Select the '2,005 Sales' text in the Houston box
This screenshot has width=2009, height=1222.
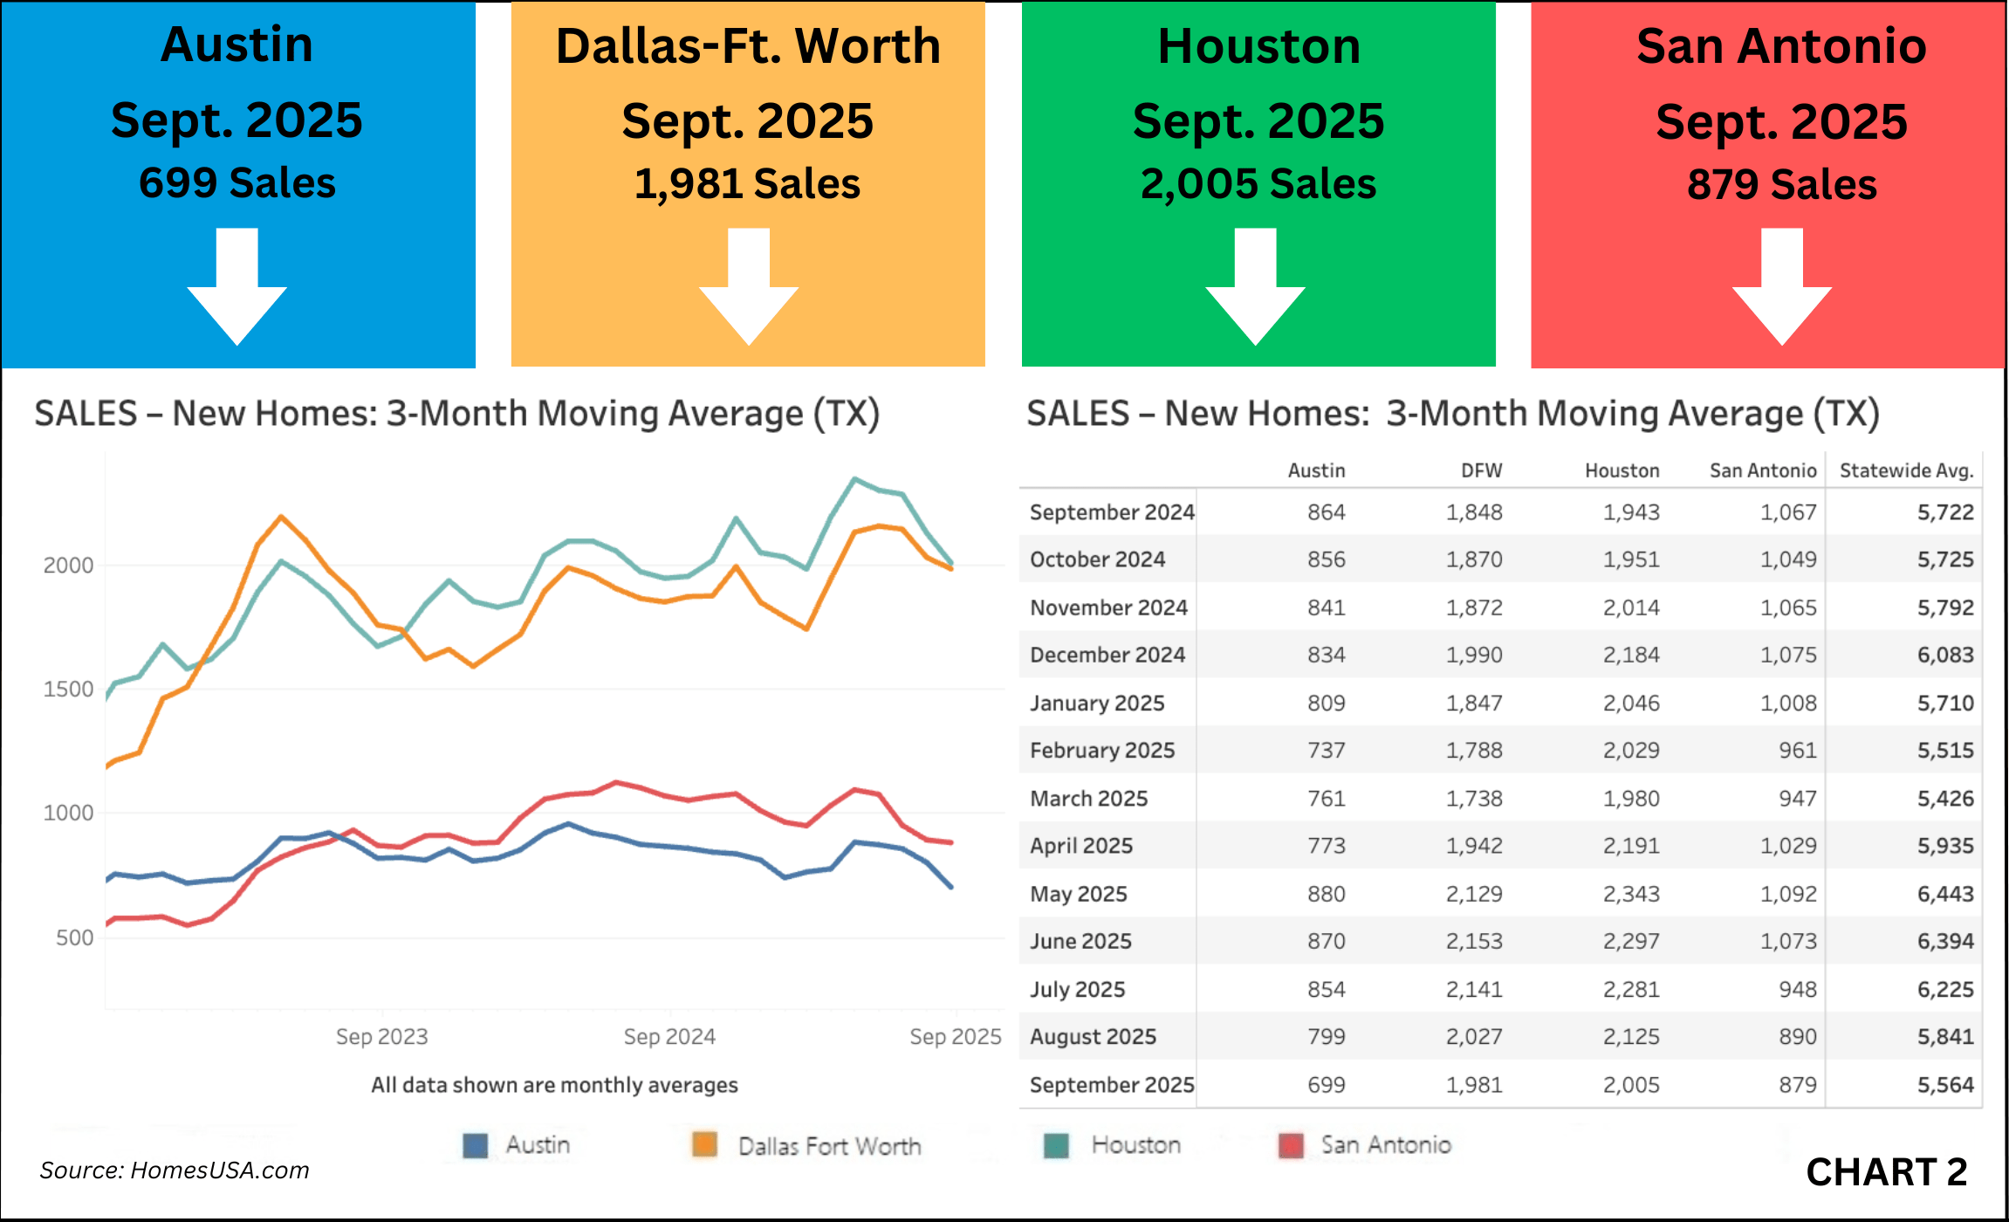click(x=1258, y=184)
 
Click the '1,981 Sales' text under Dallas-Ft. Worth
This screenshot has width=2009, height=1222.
click(x=748, y=184)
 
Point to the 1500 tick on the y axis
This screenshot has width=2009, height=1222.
click(x=68, y=690)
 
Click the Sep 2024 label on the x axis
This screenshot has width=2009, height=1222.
click(x=669, y=1037)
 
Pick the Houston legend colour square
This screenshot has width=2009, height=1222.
click(x=1056, y=1145)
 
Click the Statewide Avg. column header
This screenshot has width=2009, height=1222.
click(x=1906, y=471)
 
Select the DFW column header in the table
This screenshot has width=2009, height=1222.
click(x=1482, y=471)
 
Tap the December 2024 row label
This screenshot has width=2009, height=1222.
click(x=1107, y=655)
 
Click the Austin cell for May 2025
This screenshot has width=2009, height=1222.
click(x=1326, y=894)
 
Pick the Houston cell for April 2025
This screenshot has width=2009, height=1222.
click(x=1631, y=846)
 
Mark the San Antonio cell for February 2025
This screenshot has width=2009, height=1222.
click(x=1798, y=751)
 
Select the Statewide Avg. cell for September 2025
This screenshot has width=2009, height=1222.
click(x=1945, y=1085)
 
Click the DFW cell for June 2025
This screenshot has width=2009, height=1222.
click(x=1474, y=941)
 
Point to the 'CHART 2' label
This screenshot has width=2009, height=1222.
click(x=1887, y=1172)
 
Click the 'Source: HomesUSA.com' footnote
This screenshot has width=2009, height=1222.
click(x=175, y=1171)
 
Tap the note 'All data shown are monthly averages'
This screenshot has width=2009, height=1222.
click(x=554, y=1085)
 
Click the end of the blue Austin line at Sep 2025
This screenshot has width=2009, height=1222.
click(x=951, y=887)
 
